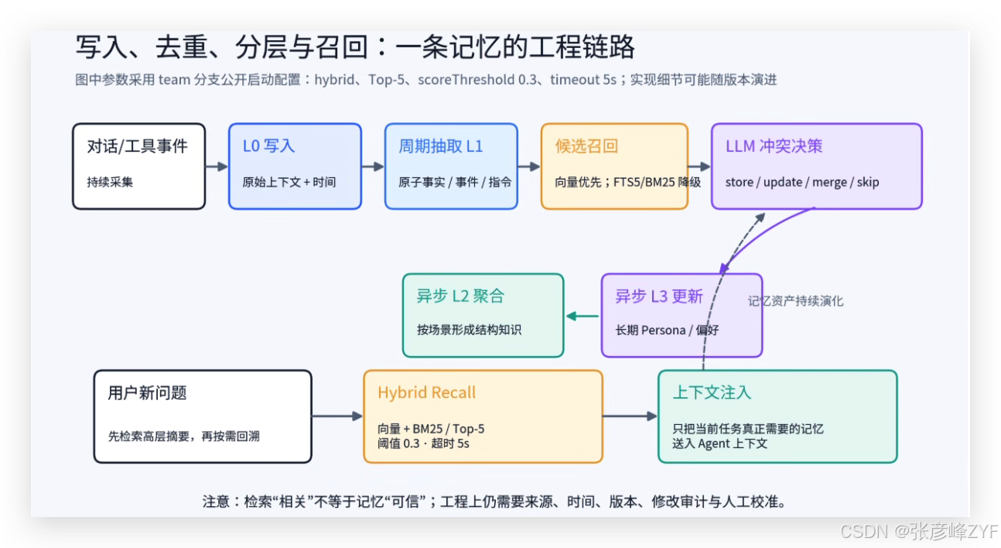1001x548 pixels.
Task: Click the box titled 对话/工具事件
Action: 139,166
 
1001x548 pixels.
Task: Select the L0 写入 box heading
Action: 268,146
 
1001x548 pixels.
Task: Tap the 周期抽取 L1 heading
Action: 441,146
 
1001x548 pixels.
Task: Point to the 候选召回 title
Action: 586,146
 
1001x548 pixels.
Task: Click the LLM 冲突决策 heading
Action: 774,146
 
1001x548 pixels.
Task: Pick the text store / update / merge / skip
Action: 802,182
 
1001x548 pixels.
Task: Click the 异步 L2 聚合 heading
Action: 460,296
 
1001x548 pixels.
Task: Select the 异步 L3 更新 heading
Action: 659,296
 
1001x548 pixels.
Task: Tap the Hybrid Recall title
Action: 426,392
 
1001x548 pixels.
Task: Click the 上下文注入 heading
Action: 712,392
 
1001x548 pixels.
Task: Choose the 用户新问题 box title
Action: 147,393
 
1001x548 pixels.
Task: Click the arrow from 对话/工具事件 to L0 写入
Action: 217,166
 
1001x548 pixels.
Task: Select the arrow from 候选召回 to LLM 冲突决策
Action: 699,166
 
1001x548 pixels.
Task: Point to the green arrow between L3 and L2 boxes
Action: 582,316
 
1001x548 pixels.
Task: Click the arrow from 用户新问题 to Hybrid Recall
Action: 337,416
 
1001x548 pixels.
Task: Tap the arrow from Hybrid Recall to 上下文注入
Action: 630,416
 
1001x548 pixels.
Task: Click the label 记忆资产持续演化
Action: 796,301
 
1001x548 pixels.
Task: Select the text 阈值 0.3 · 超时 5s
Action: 423,444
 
